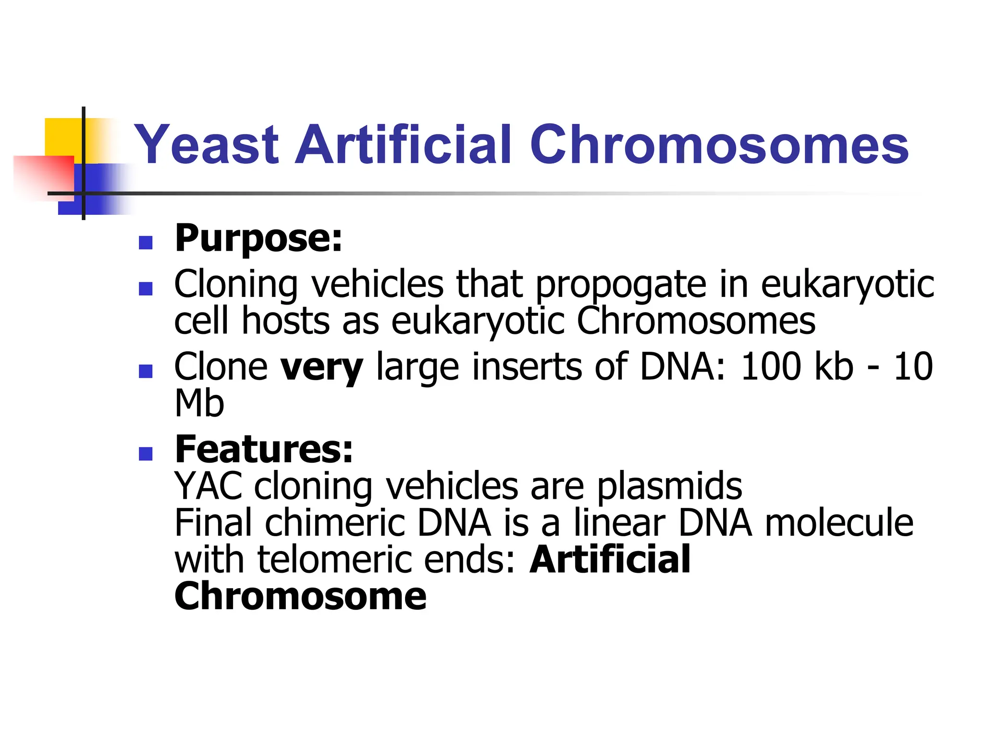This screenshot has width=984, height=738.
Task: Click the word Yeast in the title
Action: [x=207, y=145]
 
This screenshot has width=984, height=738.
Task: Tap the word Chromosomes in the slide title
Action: [x=719, y=145]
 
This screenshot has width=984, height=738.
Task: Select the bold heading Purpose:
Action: [x=258, y=238]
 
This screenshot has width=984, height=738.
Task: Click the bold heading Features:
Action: [x=264, y=449]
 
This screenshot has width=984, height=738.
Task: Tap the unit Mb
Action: [x=199, y=404]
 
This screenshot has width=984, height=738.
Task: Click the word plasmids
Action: [x=669, y=486]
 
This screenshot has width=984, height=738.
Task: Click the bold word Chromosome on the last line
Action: [x=300, y=597]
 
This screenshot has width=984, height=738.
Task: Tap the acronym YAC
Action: [x=209, y=486]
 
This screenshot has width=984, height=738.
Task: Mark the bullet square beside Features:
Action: [x=146, y=454]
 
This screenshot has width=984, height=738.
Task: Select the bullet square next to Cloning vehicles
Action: [x=146, y=288]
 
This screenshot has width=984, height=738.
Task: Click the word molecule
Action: [x=839, y=523]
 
